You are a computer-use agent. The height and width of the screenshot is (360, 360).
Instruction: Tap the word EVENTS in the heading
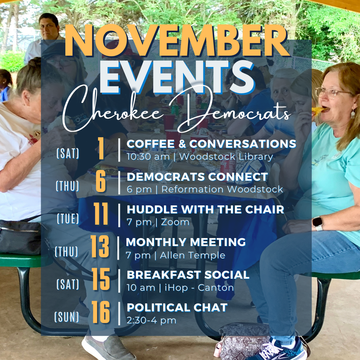177,77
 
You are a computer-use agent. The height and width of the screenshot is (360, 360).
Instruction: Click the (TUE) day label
68,219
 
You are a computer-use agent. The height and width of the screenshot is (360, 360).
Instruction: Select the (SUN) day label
67,317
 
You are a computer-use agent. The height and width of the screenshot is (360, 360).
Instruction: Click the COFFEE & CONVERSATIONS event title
211,144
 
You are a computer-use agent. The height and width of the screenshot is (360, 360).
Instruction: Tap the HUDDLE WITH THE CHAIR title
205,209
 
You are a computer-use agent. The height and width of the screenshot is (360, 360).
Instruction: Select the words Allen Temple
193,255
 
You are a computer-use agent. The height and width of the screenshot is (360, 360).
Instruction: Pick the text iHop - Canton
199,287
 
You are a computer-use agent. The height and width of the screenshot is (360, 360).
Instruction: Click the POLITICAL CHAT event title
177,307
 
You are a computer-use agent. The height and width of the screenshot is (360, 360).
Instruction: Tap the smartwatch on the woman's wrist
318,223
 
